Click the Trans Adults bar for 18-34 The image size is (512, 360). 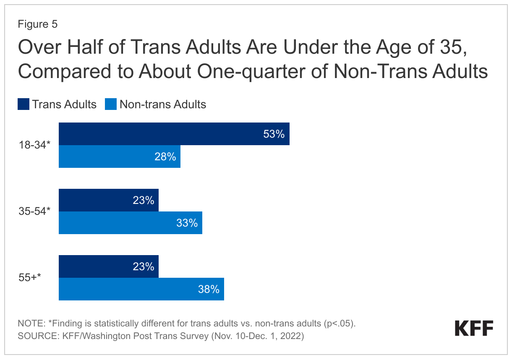coord(174,134)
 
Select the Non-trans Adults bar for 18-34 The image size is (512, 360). coord(119,157)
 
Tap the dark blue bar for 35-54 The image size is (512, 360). coord(108,200)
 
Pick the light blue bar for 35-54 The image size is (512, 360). coord(130,223)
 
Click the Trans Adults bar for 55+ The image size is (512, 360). coord(108,266)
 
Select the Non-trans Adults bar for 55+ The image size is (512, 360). coord(141,289)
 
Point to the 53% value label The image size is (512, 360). coord(274,134)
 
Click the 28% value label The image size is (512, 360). coord(165,157)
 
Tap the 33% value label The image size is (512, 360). coord(187,223)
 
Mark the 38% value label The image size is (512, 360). coord(209,290)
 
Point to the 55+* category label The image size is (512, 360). coord(32,278)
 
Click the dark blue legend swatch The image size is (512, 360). coord(23,104)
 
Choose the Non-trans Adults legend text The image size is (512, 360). coord(163,104)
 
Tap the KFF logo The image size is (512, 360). coord(474,328)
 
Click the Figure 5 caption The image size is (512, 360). coord(37,24)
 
